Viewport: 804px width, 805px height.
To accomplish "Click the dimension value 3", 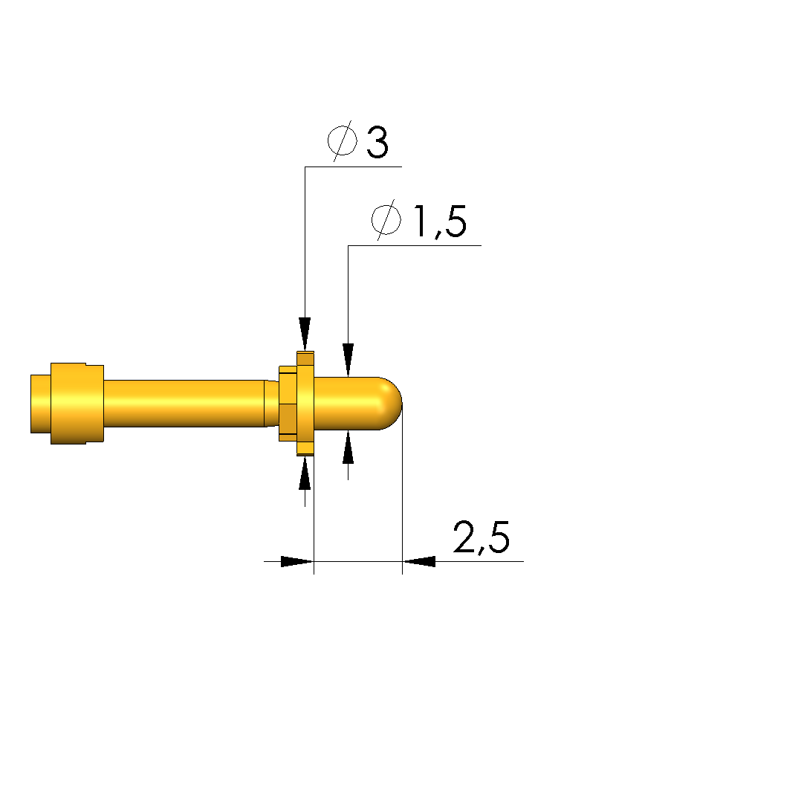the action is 377,142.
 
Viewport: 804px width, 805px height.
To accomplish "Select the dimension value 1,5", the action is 440,222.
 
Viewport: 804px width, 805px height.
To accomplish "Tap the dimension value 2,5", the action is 482,537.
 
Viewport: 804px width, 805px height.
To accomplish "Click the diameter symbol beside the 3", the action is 343,140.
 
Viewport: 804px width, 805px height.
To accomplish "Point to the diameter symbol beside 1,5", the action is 386,220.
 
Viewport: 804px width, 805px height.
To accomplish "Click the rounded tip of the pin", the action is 391,403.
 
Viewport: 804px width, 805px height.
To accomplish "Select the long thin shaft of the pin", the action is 184,404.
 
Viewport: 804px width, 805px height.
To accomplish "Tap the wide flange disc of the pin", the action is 305,403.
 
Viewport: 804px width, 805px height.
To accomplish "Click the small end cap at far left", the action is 41,404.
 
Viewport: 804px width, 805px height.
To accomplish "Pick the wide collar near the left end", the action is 77,404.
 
